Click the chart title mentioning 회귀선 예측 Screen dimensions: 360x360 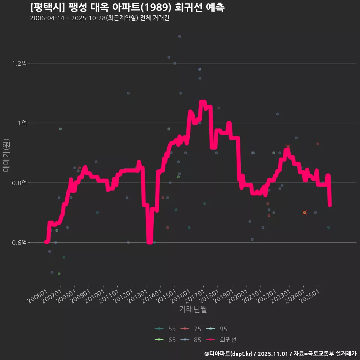click(127, 7)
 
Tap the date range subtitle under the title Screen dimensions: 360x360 click(100, 18)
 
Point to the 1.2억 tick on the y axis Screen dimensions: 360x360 click(19, 63)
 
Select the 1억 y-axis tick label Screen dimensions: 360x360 click(22, 123)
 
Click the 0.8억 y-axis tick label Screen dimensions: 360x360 click(19, 183)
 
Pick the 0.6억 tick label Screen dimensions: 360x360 click(19, 243)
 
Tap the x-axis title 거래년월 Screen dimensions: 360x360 click(193, 309)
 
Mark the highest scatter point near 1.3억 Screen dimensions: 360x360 click(180, 36)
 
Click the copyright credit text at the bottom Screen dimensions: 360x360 click(280, 354)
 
